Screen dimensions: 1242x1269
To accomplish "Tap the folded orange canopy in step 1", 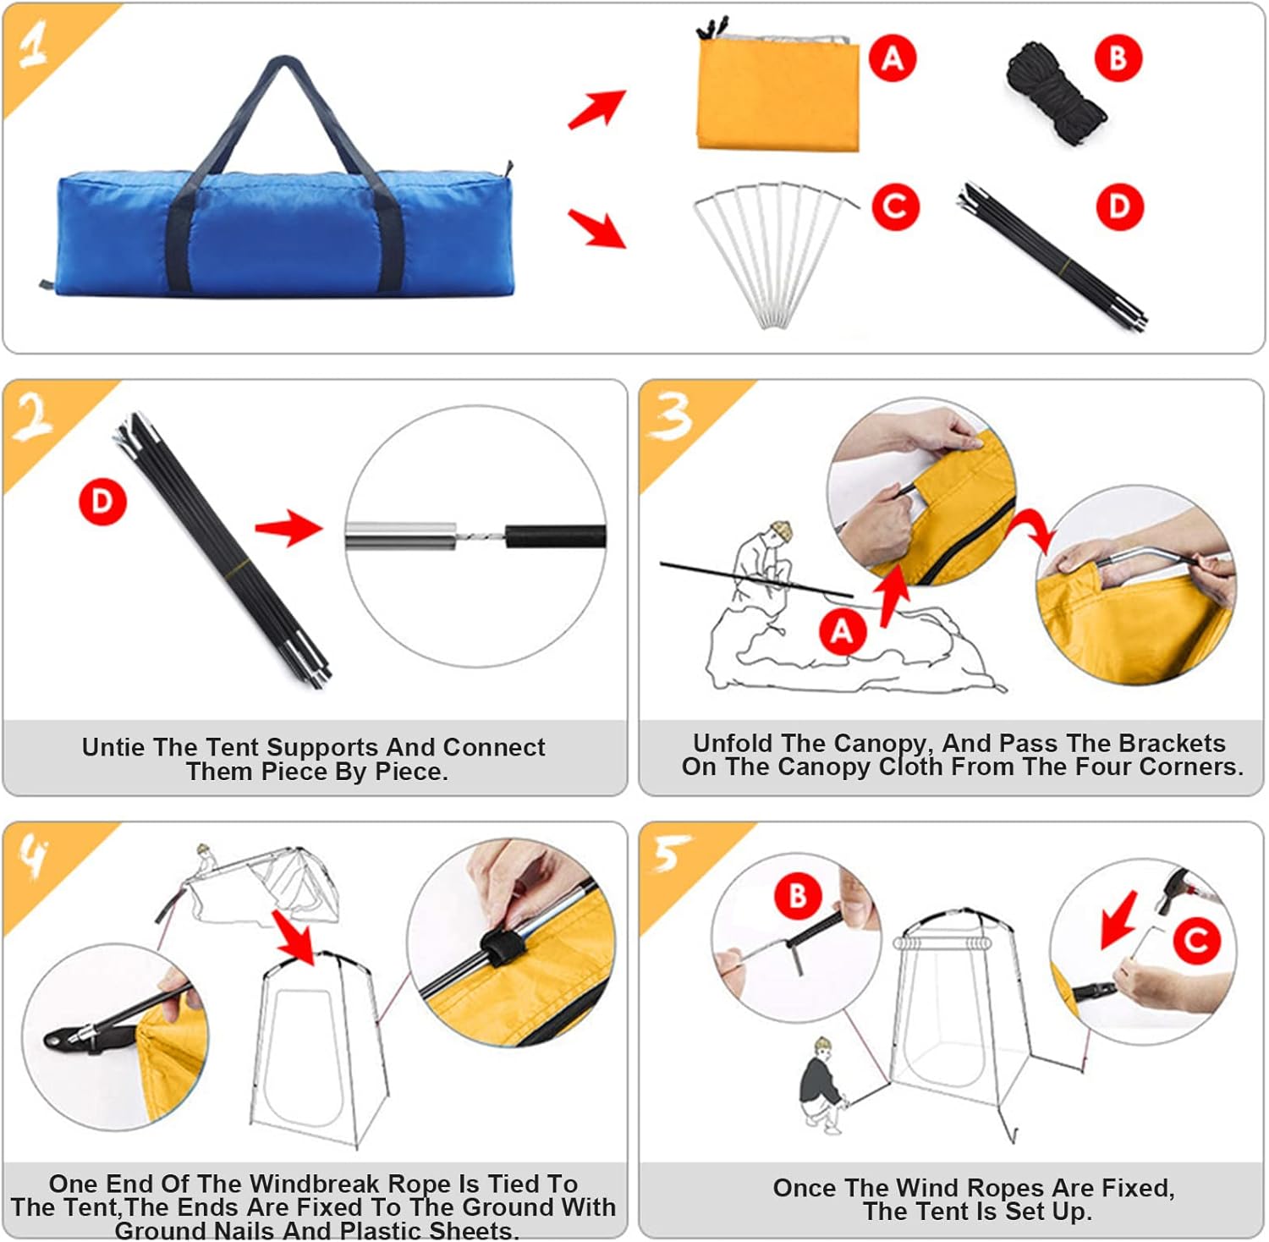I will coord(777,96).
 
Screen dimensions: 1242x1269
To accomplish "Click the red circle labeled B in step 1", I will coord(1118,58).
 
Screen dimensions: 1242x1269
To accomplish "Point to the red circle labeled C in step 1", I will coord(895,206).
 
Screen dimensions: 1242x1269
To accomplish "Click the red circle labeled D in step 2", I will coord(102,502).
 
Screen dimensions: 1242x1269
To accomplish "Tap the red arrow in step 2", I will coord(289,528).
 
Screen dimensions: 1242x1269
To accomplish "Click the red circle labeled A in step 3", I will coord(842,631).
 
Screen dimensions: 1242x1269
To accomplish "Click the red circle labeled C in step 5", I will coord(1196,940).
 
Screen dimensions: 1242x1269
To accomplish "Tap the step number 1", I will coord(34,44).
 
